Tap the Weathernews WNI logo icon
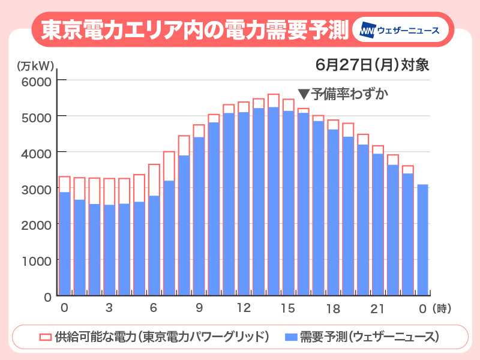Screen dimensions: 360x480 (368, 30)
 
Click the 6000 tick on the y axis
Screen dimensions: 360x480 (37, 80)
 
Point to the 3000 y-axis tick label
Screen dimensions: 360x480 (37, 188)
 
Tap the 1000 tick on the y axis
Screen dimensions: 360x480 (37, 260)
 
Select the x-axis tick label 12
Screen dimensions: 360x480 (243, 308)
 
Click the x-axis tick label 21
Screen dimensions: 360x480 (377, 308)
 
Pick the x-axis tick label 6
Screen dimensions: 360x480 (154, 308)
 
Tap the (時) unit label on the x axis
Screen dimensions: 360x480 (442, 308)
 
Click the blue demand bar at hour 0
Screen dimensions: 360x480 (65, 243)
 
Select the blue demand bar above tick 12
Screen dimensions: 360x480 (244, 204)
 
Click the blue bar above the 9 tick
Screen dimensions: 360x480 (199, 216)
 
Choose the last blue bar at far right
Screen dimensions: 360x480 (422, 240)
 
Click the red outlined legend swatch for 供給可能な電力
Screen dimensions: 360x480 (44, 337)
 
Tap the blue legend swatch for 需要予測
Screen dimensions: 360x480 (291, 337)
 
